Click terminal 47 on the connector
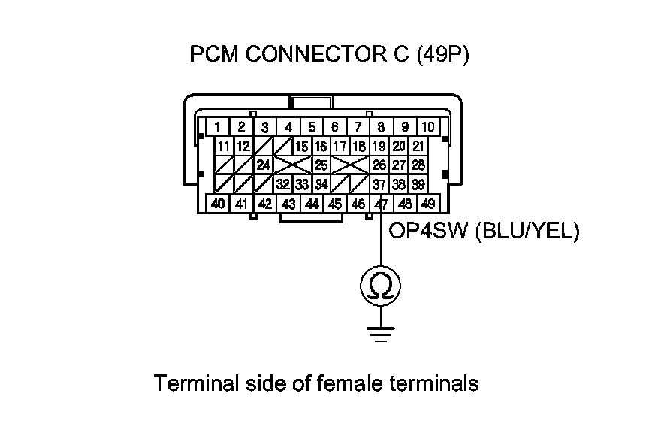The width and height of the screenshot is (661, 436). (382, 204)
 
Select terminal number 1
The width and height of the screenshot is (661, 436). (217, 126)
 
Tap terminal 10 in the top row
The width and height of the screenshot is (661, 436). (427, 126)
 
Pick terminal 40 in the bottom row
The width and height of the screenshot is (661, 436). (217, 204)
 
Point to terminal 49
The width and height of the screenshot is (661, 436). (428, 204)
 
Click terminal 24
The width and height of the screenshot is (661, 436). (263, 165)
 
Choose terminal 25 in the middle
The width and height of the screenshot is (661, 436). (321, 165)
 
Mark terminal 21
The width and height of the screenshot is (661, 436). (419, 146)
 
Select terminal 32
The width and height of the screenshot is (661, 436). (282, 183)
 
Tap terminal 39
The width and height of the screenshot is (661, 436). (419, 183)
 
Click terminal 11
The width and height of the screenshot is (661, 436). (224, 146)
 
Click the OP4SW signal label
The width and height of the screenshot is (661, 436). (427, 232)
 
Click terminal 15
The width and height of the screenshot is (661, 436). (302, 146)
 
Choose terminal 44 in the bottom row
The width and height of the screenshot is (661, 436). (311, 204)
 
